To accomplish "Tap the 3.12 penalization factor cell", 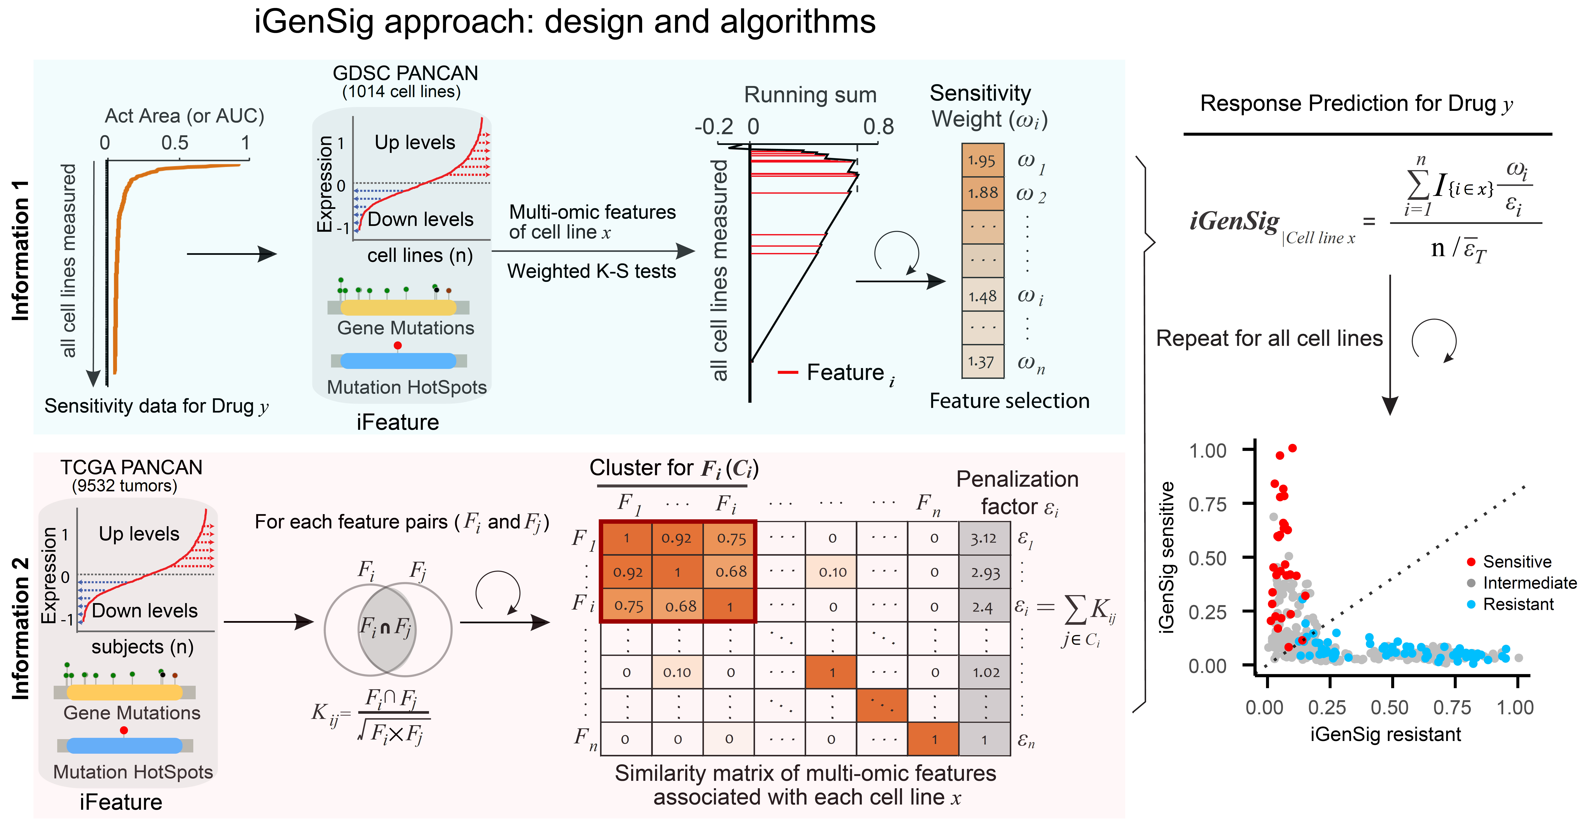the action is tap(984, 538).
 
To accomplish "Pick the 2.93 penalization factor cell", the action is tap(984, 572).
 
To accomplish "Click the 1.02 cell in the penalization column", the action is tap(984, 672).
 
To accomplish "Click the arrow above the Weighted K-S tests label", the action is tap(593, 251).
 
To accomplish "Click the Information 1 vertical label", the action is tap(20, 250).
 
